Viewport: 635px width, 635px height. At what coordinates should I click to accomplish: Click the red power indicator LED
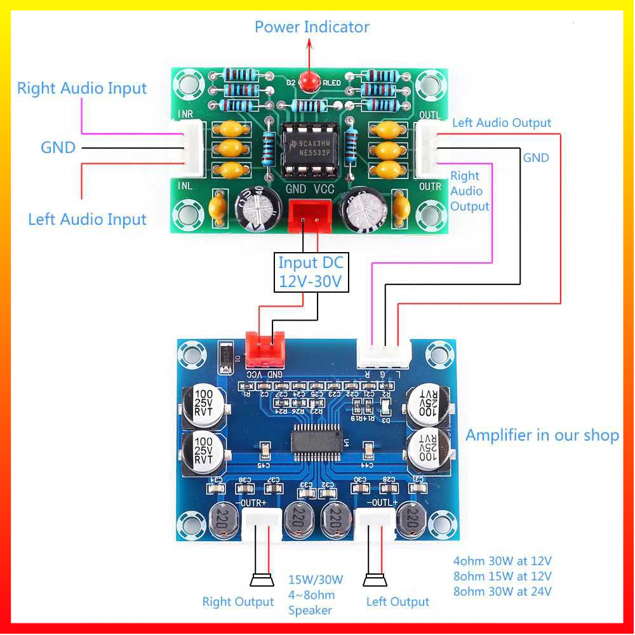coord(310,81)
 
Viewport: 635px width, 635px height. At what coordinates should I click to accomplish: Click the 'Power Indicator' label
coord(312,27)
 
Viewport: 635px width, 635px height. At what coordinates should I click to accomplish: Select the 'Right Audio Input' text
coord(82,88)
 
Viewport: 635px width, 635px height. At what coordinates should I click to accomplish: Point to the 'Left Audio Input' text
coord(87,220)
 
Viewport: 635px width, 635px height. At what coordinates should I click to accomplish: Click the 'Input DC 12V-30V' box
coord(311,272)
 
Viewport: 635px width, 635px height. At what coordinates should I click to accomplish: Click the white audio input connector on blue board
coord(384,353)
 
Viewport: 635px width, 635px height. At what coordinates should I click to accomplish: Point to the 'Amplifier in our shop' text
coord(542,435)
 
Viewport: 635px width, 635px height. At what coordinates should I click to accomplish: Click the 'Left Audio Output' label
coord(502,123)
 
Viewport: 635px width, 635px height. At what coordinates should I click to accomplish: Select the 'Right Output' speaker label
coord(238,602)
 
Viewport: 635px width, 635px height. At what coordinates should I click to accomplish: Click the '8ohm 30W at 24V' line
coord(502,592)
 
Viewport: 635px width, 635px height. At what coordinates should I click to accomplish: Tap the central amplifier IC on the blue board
coord(316,441)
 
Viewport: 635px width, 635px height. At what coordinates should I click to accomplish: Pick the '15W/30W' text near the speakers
coord(316,580)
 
